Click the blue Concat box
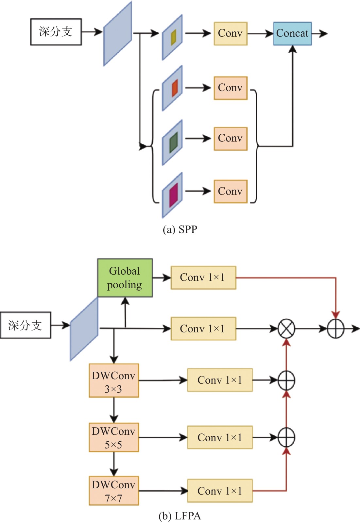292,33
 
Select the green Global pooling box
125,278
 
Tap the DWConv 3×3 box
114,381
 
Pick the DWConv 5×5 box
114,437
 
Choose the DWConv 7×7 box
114,491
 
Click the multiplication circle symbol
286,329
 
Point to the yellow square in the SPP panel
174,37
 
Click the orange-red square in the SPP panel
175,88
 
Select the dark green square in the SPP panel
174,142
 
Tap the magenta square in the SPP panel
174,195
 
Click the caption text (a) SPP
180,229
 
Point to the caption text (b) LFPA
180,516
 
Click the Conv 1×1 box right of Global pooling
203,278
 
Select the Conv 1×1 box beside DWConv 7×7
220,491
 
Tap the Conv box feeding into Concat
231,33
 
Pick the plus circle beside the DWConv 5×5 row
286,437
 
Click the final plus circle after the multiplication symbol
336,329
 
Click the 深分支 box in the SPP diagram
56,32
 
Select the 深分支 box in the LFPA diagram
26,325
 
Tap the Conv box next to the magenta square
231,191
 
